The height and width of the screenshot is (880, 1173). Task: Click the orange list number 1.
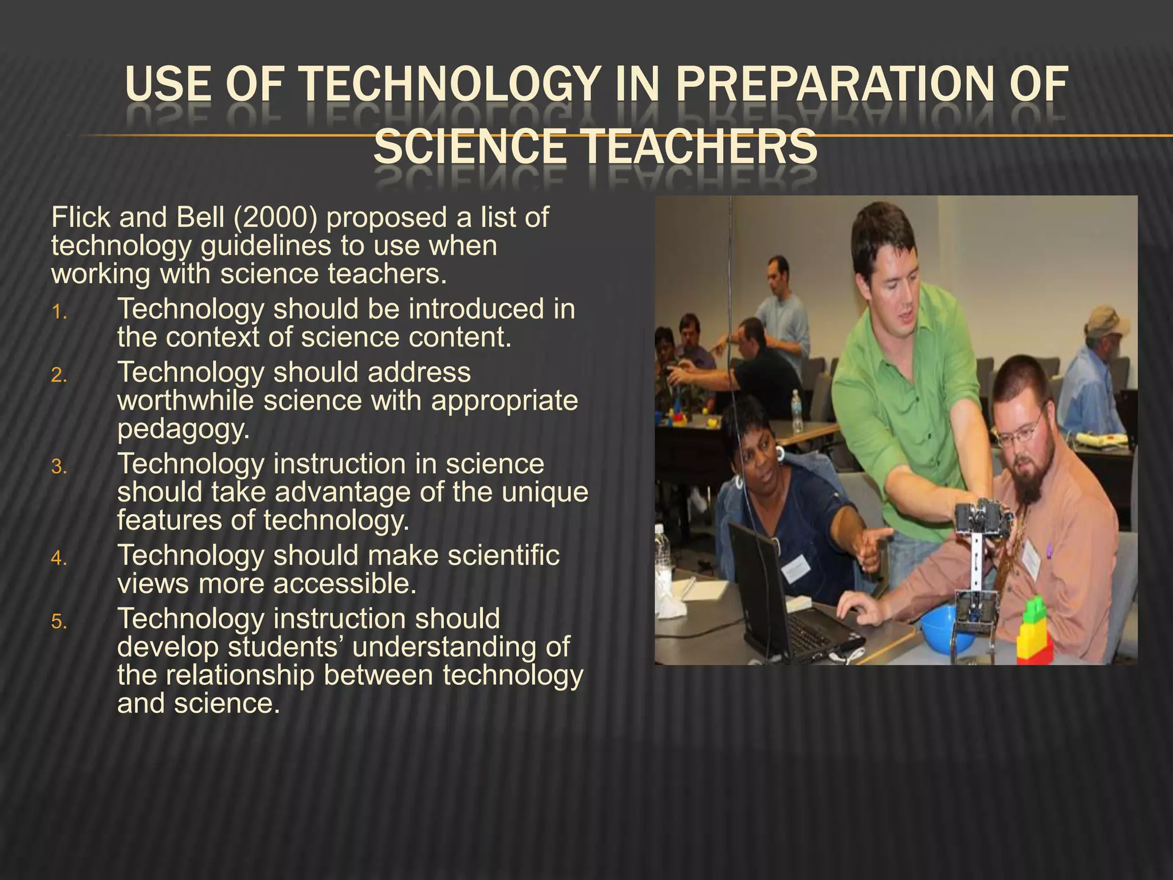tap(59, 312)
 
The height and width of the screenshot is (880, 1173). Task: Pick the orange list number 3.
tap(59, 467)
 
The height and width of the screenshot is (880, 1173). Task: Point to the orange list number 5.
tap(59, 622)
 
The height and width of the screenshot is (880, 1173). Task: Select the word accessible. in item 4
tap(344, 584)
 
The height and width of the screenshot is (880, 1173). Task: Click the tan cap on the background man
tap(1107, 321)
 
